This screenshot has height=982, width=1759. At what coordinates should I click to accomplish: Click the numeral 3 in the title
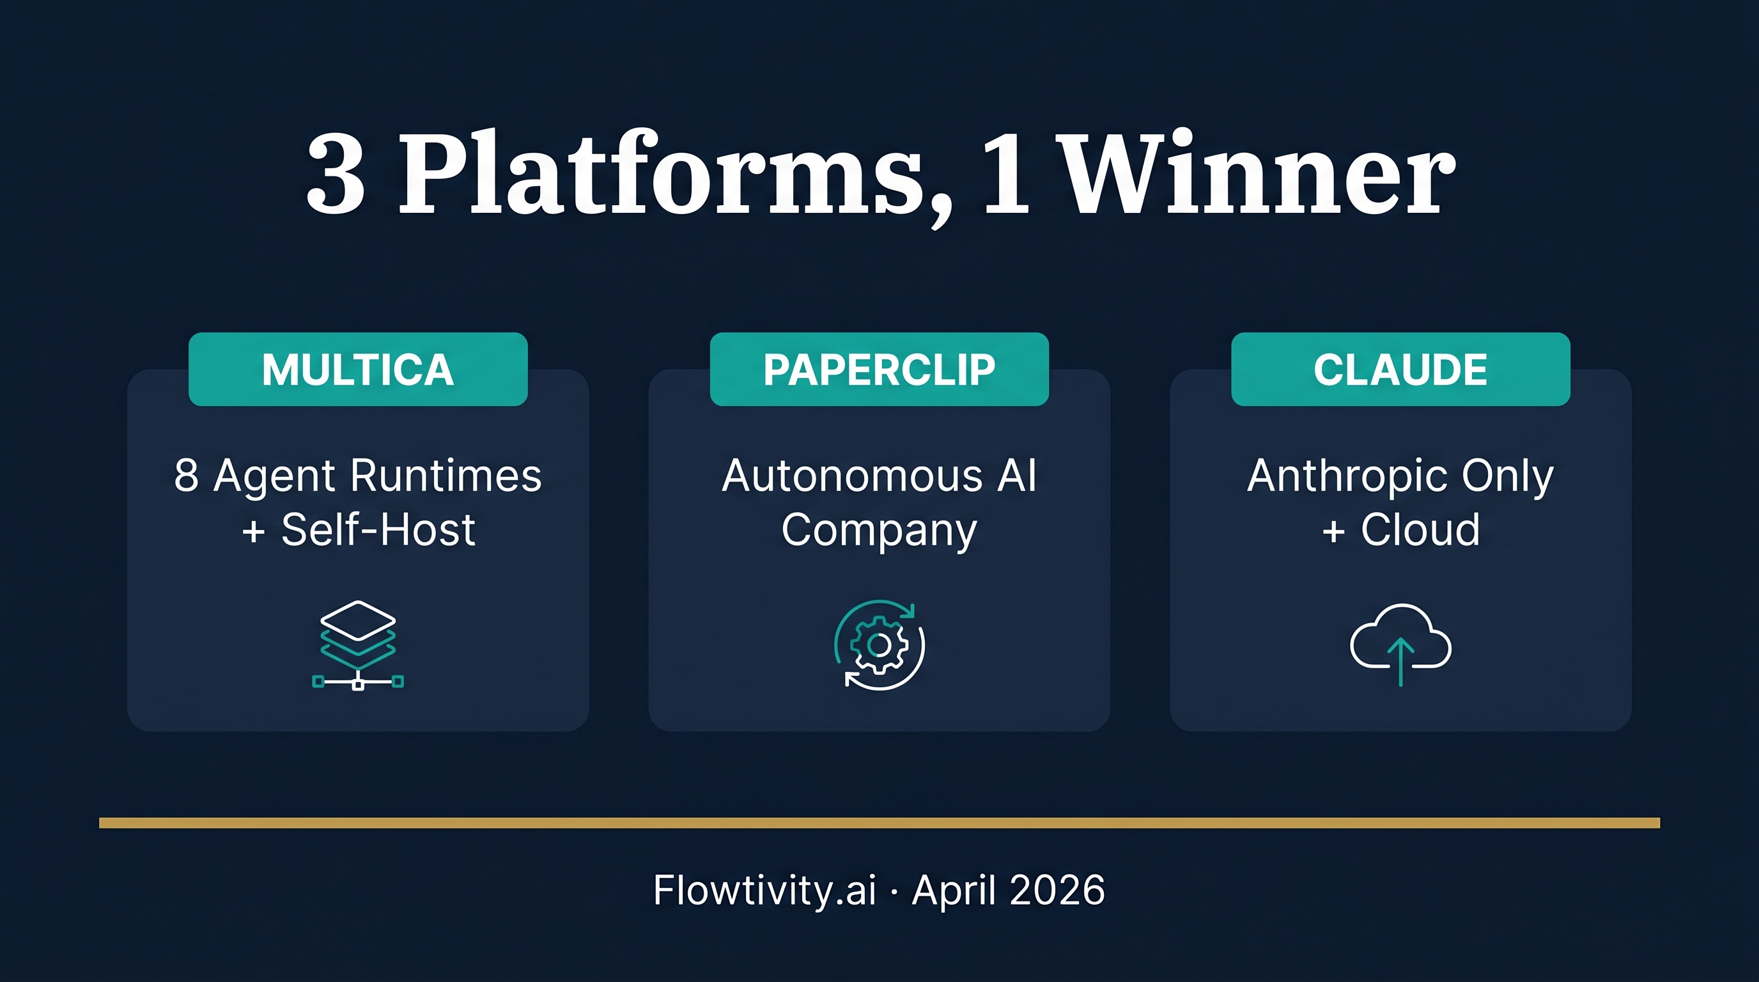point(336,174)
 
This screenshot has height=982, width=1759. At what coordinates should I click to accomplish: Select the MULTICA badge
point(358,370)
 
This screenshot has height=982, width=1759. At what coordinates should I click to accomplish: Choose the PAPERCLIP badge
point(879,370)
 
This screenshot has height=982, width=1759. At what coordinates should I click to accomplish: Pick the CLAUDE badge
point(1400,370)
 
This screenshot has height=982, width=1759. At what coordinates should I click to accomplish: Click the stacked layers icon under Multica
point(358,644)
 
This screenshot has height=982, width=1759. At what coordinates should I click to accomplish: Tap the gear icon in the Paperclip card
point(879,644)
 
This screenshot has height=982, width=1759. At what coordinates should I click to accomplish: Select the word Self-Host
point(378,530)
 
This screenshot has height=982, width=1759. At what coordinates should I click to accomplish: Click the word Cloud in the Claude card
point(1420,530)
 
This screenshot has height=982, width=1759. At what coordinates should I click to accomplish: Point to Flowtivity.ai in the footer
point(764,891)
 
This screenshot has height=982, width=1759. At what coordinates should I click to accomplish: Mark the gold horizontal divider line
point(879,823)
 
